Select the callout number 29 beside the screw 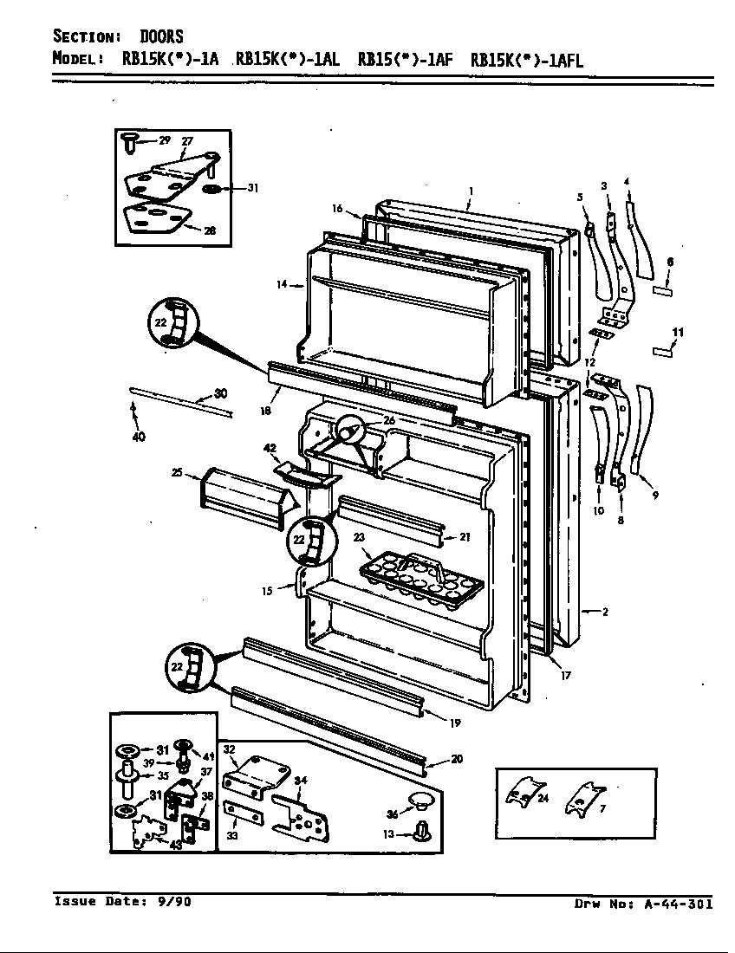(165, 140)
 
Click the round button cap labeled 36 (420, 797)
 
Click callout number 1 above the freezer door (470, 190)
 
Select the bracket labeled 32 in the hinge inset (247, 768)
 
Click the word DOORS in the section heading (161, 36)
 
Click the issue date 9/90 (173, 901)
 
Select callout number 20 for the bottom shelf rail (457, 759)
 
